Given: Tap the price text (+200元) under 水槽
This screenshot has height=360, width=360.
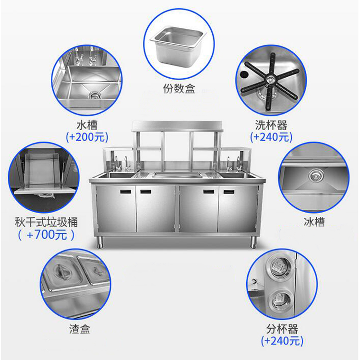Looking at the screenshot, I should click(x=86, y=137).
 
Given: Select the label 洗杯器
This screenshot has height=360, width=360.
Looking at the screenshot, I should click(x=271, y=126).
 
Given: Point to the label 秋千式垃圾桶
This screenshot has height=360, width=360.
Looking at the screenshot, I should click(x=47, y=223).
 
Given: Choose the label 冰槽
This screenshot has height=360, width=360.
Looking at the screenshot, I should click(x=314, y=222).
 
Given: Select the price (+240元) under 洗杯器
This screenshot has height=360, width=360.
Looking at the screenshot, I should click(x=271, y=137).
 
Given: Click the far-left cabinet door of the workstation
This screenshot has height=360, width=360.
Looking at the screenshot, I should click(x=116, y=209).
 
